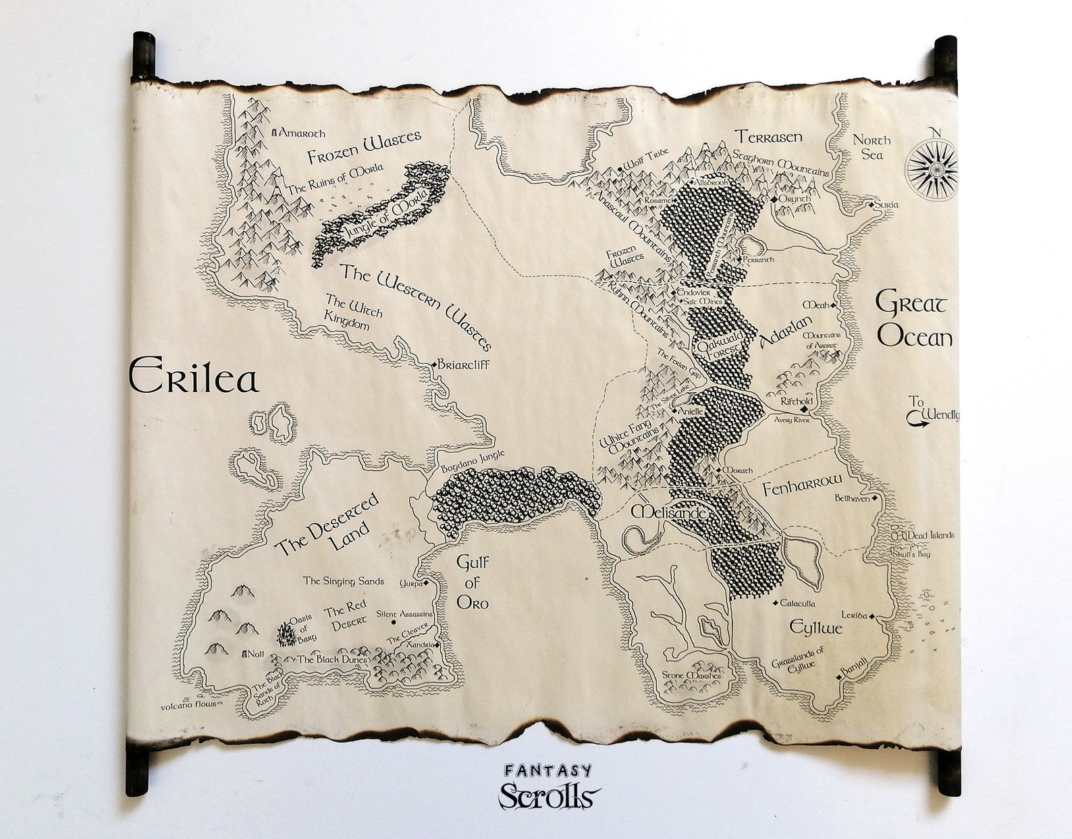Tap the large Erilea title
click(x=194, y=378)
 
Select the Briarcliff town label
click(x=463, y=365)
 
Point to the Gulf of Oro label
click(x=472, y=582)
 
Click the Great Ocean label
click(x=914, y=319)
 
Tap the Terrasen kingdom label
click(x=768, y=137)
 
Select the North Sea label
click(x=872, y=147)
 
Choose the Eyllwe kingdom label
click(x=816, y=628)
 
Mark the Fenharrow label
click(x=803, y=485)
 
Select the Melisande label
click(x=669, y=513)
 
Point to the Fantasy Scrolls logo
click(x=548, y=787)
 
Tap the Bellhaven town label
click(x=852, y=499)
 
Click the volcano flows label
click(x=188, y=705)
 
